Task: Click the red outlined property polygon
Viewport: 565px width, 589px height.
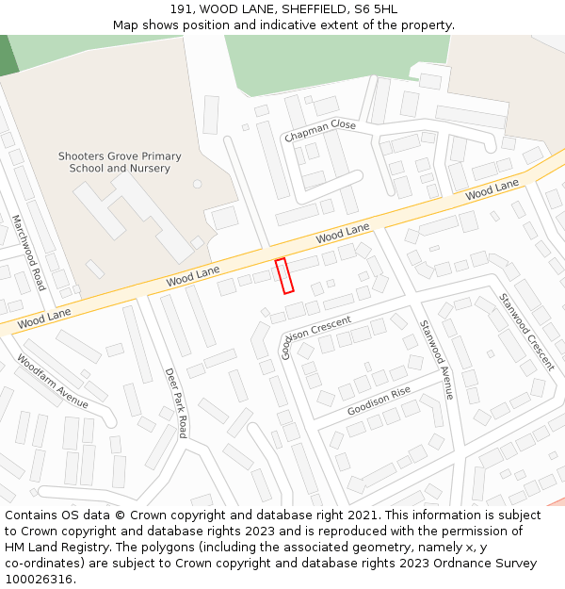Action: tap(284, 275)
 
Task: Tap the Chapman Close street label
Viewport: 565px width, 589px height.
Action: tap(320, 131)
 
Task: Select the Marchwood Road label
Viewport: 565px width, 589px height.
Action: tap(28, 252)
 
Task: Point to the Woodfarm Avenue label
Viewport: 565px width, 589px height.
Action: tap(53, 381)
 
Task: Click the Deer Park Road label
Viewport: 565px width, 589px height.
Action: tap(176, 402)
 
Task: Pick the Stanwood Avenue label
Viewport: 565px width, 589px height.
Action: tap(436, 359)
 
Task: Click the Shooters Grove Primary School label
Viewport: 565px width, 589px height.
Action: tap(120, 162)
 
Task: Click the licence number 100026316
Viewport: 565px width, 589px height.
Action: tap(39, 579)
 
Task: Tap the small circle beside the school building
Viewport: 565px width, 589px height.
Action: tap(197, 184)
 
